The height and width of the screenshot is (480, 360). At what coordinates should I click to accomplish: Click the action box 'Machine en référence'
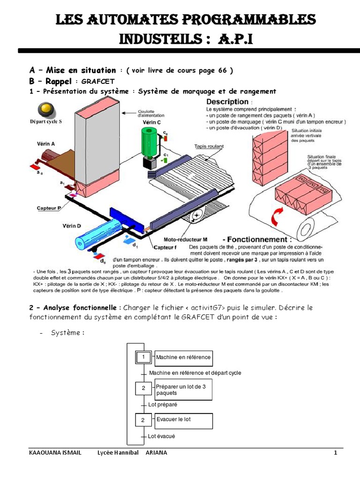tap(183, 358)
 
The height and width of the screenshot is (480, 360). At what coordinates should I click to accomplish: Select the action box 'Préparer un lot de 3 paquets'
tap(183, 390)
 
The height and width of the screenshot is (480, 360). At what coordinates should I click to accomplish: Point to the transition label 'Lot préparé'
tap(163, 404)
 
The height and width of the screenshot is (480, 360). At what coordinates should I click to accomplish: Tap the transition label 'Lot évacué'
tap(161, 436)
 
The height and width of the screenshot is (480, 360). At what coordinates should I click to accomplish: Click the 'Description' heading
tap(228, 102)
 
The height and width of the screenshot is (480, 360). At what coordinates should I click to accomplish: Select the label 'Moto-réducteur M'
tap(182, 240)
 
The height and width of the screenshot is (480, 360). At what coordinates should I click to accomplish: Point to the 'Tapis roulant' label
tap(209, 146)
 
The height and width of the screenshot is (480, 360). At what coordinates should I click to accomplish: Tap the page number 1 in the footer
tap(335, 453)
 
